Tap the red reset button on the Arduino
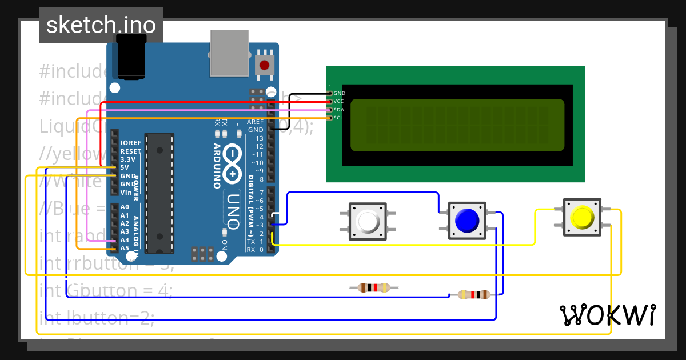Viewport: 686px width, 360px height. pyautogui.click(x=264, y=65)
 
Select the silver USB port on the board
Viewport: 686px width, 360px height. pyautogui.click(x=229, y=53)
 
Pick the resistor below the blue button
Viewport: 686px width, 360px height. pyautogui.click(x=474, y=295)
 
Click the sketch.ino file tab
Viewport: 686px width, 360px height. pyautogui.click(x=101, y=25)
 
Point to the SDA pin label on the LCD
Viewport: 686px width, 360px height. pyautogui.click(x=339, y=110)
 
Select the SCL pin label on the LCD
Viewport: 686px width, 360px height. pyautogui.click(x=338, y=118)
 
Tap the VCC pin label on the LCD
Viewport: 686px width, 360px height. pyautogui.click(x=339, y=101)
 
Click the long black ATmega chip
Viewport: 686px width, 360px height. pyautogui.click(x=159, y=193)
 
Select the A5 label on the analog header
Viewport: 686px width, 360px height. pyautogui.click(x=125, y=248)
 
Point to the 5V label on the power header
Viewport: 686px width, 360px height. pyautogui.click(x=125, y=167)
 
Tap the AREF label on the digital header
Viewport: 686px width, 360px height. pyautogui.click(x=255, y=122)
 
